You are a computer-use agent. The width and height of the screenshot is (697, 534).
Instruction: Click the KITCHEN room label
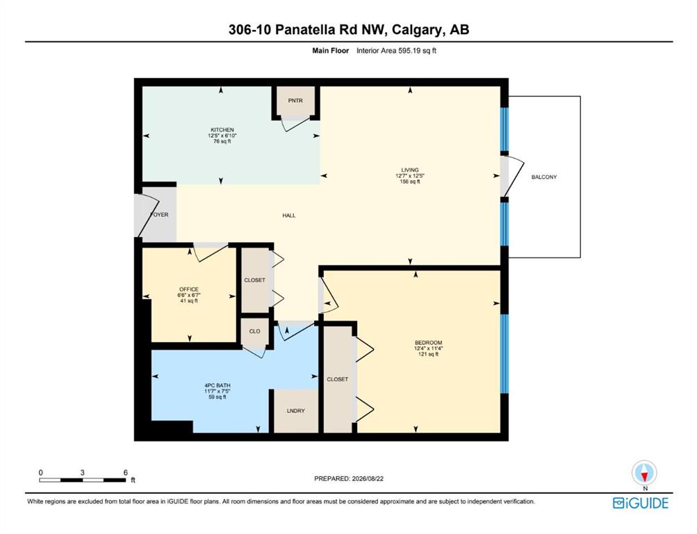(222, 130)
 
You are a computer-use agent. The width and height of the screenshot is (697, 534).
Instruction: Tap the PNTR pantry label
(295, 101)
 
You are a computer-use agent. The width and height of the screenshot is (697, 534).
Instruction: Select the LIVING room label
(410, 170)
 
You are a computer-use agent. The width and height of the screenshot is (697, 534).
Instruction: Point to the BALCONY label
(544, 177)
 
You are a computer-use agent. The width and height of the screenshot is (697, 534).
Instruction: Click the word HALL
(289, 216)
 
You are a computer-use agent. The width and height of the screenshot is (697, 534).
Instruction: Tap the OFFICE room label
(189, 289)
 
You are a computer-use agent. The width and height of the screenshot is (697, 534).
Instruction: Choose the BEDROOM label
(429, 343)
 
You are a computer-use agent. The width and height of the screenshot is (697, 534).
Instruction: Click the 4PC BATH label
(218, 385)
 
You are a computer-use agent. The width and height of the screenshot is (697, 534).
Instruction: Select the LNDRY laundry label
(295, 411)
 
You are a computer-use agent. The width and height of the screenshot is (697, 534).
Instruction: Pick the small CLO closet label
(255, 331)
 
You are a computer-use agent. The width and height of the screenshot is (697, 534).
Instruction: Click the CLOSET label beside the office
(255, 280)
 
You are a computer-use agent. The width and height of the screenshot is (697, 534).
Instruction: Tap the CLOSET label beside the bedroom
(338, 379)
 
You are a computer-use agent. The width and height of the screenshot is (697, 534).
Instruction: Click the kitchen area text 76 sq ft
(222, 141)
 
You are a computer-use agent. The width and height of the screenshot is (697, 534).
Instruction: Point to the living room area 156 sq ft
(410, 181)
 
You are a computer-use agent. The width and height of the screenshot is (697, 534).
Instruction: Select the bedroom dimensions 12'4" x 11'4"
(429, 348)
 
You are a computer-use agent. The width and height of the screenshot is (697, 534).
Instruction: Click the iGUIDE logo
(641, 503)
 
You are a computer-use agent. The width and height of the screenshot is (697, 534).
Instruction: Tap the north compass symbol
(645, 473)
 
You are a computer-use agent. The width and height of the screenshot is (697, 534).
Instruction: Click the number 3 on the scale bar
(82, 473)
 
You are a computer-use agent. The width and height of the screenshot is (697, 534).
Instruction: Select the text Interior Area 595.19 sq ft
(396, 51)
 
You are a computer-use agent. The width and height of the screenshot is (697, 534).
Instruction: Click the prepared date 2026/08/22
(368, 479)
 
